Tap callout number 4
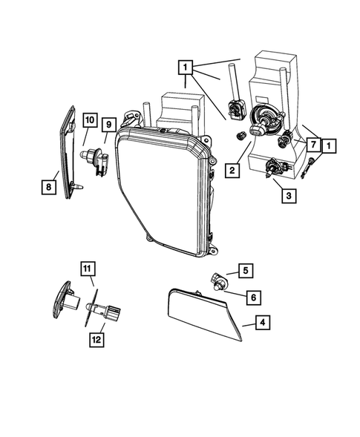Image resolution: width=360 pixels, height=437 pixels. [261, 322]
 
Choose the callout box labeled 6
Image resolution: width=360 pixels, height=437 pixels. [252, 297]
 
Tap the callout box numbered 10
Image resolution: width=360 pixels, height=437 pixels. [90, 119]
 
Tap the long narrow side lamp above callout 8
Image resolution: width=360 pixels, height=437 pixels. [69, 148]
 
